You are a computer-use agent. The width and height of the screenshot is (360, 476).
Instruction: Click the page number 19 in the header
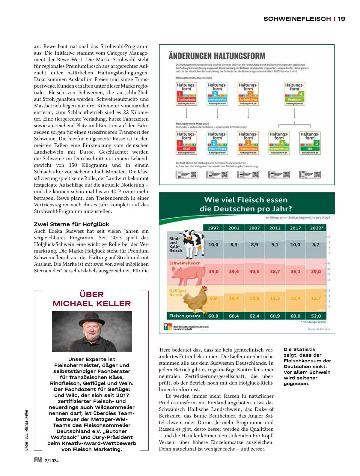tap(341, 19)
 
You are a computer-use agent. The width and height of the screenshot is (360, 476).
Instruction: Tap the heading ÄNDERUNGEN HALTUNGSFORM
tap(217, 56)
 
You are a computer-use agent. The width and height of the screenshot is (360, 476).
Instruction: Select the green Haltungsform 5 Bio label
tap(310, 143)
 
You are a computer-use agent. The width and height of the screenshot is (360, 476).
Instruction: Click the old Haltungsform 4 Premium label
tap(294, 94)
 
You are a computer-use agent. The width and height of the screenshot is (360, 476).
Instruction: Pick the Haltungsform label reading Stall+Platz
tap(217, 143)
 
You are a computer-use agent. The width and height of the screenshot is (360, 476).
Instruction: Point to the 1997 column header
tap(213, 228)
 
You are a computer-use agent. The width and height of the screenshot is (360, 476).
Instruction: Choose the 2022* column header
tap(316, 228)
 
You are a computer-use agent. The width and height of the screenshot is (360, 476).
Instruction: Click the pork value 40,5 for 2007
tap(254, 271)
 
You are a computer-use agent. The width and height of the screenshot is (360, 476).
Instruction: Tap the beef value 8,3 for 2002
tap(234, 245)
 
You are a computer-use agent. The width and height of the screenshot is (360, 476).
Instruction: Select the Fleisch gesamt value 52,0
tap(316, 316)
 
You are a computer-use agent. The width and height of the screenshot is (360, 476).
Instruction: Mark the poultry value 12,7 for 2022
tap(316, 298)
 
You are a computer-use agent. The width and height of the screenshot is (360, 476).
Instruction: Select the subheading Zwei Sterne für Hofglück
tap(71, 224)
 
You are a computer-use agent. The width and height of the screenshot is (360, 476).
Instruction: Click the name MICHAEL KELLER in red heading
tap(92, 304)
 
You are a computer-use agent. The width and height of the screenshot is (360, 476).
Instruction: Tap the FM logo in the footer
tap(38, 460)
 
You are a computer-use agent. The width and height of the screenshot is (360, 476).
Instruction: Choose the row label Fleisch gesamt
tap(185, 316)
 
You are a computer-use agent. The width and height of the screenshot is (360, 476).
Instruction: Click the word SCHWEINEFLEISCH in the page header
tap(297, 19)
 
